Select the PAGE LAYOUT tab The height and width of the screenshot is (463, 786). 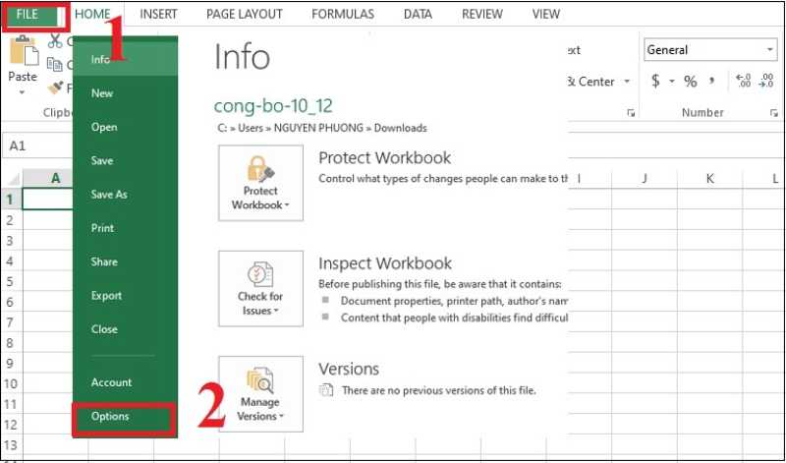(245, 15)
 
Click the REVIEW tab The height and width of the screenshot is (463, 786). (482, 15)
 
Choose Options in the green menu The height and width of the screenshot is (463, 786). (110, 417)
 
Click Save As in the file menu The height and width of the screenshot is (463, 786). (109, 195)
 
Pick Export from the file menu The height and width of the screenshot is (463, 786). (106, 296)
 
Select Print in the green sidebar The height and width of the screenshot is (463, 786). (102, 228)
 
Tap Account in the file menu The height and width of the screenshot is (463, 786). (111, 382)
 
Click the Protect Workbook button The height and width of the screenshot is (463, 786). (260, 182)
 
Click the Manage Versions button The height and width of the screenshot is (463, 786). (260, 393)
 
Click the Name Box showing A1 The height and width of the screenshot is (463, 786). (34, 145)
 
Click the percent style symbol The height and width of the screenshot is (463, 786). (690, 82)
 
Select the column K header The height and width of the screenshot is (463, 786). (709, 178)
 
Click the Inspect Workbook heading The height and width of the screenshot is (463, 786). (385, 263)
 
